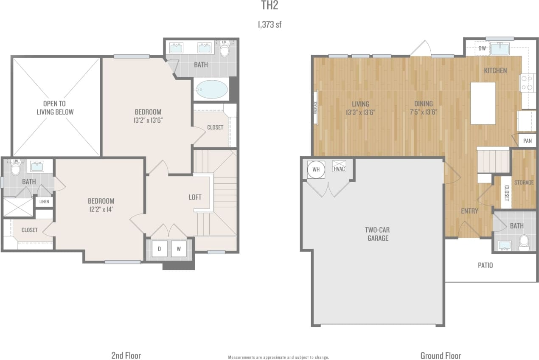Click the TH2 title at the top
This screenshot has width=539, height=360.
pos(269,6)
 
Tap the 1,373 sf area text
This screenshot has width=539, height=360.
pos(269,25)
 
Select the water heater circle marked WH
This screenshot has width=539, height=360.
pos(315,169)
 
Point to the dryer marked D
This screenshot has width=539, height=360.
pos(160,249)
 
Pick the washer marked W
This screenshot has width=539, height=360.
pos(179,249)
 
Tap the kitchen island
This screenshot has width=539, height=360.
pos(483,103)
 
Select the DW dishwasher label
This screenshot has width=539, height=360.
pos(482,48)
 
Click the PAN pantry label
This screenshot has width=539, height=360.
pos(528,141)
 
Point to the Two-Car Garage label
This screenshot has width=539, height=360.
pos(377,234)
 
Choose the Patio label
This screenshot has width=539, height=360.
pos(486,265)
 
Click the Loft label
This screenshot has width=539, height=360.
pos(195,197)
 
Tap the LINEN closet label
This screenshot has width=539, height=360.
pos(44,202)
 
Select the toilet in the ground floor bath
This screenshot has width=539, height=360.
pos(524,242)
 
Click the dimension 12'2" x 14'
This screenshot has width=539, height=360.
pos(101,209)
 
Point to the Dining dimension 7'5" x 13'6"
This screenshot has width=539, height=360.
pos(424,112)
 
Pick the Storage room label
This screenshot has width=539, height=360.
pos(524,183)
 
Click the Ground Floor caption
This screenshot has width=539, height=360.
pos(441,355)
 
